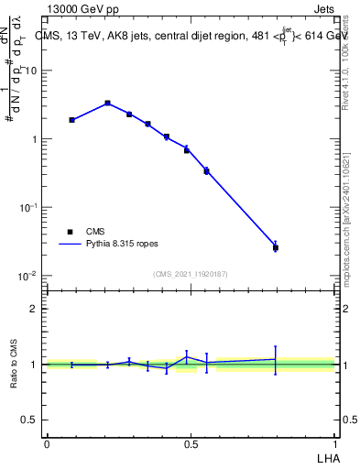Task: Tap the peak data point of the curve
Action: click(x=107, y=103)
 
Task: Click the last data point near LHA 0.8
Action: click(x=275, y=246)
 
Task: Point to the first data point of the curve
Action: click(x=71, y=120)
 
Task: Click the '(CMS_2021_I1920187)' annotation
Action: click(x=191, y=273)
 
